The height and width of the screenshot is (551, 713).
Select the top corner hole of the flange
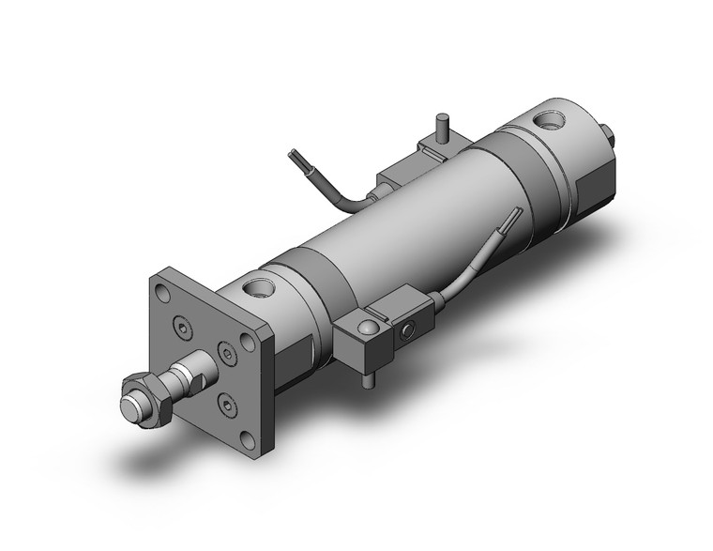(x=164, y=283)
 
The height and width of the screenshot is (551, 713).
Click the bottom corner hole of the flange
(x=250, y=436)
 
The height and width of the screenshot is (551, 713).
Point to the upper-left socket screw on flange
(x=181, y=328)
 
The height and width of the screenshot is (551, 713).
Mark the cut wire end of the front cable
(x=513, y=215)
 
